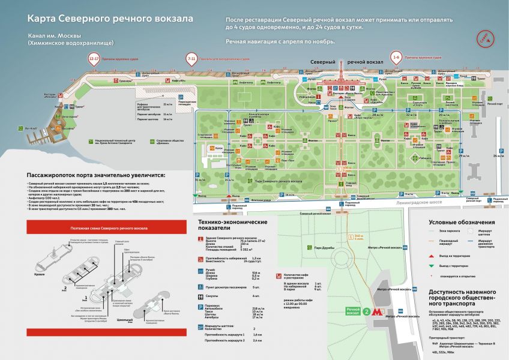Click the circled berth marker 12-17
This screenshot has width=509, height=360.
tap(94, 59)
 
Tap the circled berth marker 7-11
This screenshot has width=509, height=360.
tap(191, 59)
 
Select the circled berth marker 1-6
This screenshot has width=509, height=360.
tap(396, 58)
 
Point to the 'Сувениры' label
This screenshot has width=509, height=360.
tap(125, 80)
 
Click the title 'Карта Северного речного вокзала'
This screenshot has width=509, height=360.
tap(110, 19)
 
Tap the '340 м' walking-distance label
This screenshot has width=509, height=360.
tap(359, 238)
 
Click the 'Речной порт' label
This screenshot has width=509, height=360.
tap(494, 104)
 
